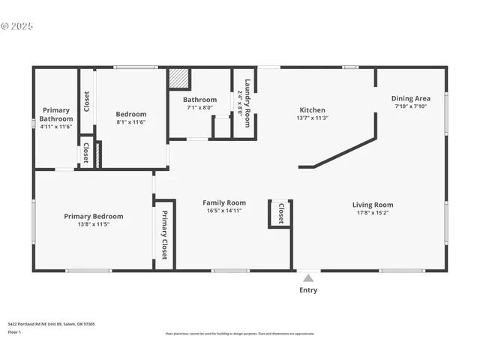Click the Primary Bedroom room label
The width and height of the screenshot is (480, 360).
93,216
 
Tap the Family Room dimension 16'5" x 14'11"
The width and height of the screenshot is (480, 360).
225,211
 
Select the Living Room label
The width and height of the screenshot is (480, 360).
373,205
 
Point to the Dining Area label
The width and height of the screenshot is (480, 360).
410,98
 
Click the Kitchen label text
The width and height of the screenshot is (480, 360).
313,109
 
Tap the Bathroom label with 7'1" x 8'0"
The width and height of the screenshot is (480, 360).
201,100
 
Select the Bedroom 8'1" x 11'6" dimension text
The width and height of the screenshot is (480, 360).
130,121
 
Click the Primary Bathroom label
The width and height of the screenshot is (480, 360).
56,114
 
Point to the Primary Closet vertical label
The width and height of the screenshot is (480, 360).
164,235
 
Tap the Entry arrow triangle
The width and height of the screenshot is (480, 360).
307,278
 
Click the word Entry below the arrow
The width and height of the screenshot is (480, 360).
307,289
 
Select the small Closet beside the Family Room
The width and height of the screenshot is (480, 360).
280,213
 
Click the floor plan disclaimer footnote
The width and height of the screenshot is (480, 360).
239,334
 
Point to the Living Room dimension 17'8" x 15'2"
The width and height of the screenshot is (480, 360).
373,213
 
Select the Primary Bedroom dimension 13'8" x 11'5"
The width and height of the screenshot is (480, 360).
93,224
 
